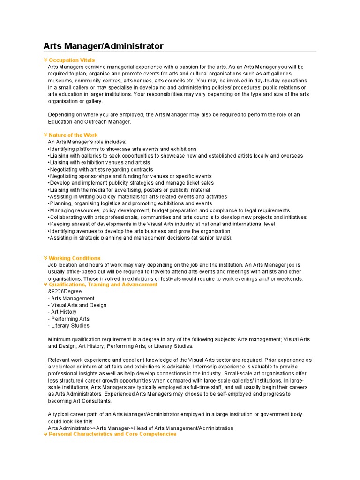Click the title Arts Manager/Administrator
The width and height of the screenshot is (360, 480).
pyautogui.click(x=103, y=46)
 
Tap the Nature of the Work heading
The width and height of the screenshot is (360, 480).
pyautogui.click(x=73, y=135)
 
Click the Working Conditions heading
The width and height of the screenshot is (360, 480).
pyautogui.click(x=75, y=258)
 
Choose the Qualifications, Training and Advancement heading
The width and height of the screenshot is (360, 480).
pyautogui.click(x=103, y=285)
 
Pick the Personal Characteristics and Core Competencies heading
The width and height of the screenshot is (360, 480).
pyautogui.click(x=112, y=434)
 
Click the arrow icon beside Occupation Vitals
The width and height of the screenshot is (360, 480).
pyautogui.click(x=45, y=60)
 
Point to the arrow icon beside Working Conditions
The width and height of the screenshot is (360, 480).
pyautogui.click(x=45, y=258)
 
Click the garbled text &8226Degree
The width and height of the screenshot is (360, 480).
pyautogui.click(x=65, y=291)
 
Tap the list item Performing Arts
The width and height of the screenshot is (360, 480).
pyautogui.click(x=68, y=319)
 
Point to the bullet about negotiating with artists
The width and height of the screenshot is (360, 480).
pyautogui.click(x=100, y=169)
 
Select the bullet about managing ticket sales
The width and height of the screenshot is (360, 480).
pyautogui.click(x=131, y=183)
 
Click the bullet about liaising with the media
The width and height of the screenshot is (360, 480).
pyautogui.click(x=129, y=190)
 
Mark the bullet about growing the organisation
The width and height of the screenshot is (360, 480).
pyautogui.click(x=139, y=231)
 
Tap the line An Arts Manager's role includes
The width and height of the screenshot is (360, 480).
pyautogui.click(x=87, y=142)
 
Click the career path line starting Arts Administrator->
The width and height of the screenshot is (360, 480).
pyautogui.click(x=141, y=428)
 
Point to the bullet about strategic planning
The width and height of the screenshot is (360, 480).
pyautogui.click(x=140, y=238)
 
